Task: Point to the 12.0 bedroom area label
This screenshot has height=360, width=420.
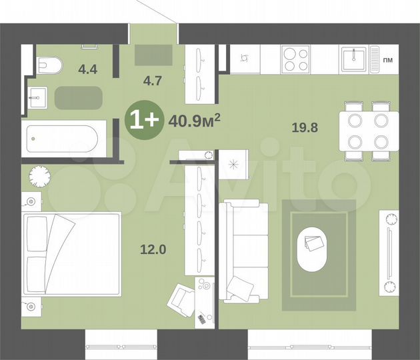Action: [x=153, y=250]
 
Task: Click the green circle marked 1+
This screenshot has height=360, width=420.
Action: [x=143, y=120]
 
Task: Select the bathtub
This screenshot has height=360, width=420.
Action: [x=61, y=139]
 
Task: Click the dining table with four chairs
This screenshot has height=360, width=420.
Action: [x=369, y=131]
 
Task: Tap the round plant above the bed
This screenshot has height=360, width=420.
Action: [x=41, y=176]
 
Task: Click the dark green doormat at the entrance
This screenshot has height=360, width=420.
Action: [x=153, y=55]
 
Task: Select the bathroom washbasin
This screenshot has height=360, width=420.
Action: [x=34, y=97]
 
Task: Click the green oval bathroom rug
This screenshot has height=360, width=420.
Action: [x=78, y=98]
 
